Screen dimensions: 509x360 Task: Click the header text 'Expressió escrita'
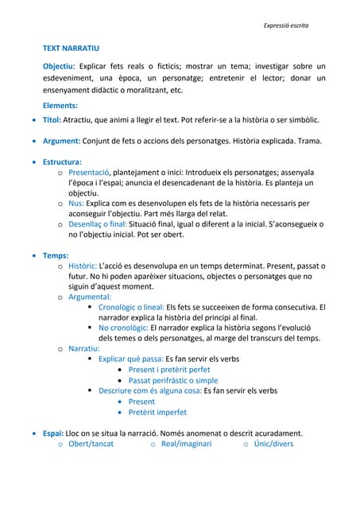pos(285,26)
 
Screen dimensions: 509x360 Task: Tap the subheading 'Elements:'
pos(60,105)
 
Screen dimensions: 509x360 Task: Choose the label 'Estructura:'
pos(63,161)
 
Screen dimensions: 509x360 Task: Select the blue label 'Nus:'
pos(76,204)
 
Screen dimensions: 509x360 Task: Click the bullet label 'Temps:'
pos(56,256)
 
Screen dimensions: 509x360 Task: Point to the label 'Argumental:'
pos(90,297)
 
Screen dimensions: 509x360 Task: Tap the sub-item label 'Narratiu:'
pos(83,348)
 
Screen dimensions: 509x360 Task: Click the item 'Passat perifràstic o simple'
pos(172,380)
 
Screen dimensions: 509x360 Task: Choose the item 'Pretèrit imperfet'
pos(157,412)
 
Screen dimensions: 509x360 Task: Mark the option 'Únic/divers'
pos(273,444)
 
